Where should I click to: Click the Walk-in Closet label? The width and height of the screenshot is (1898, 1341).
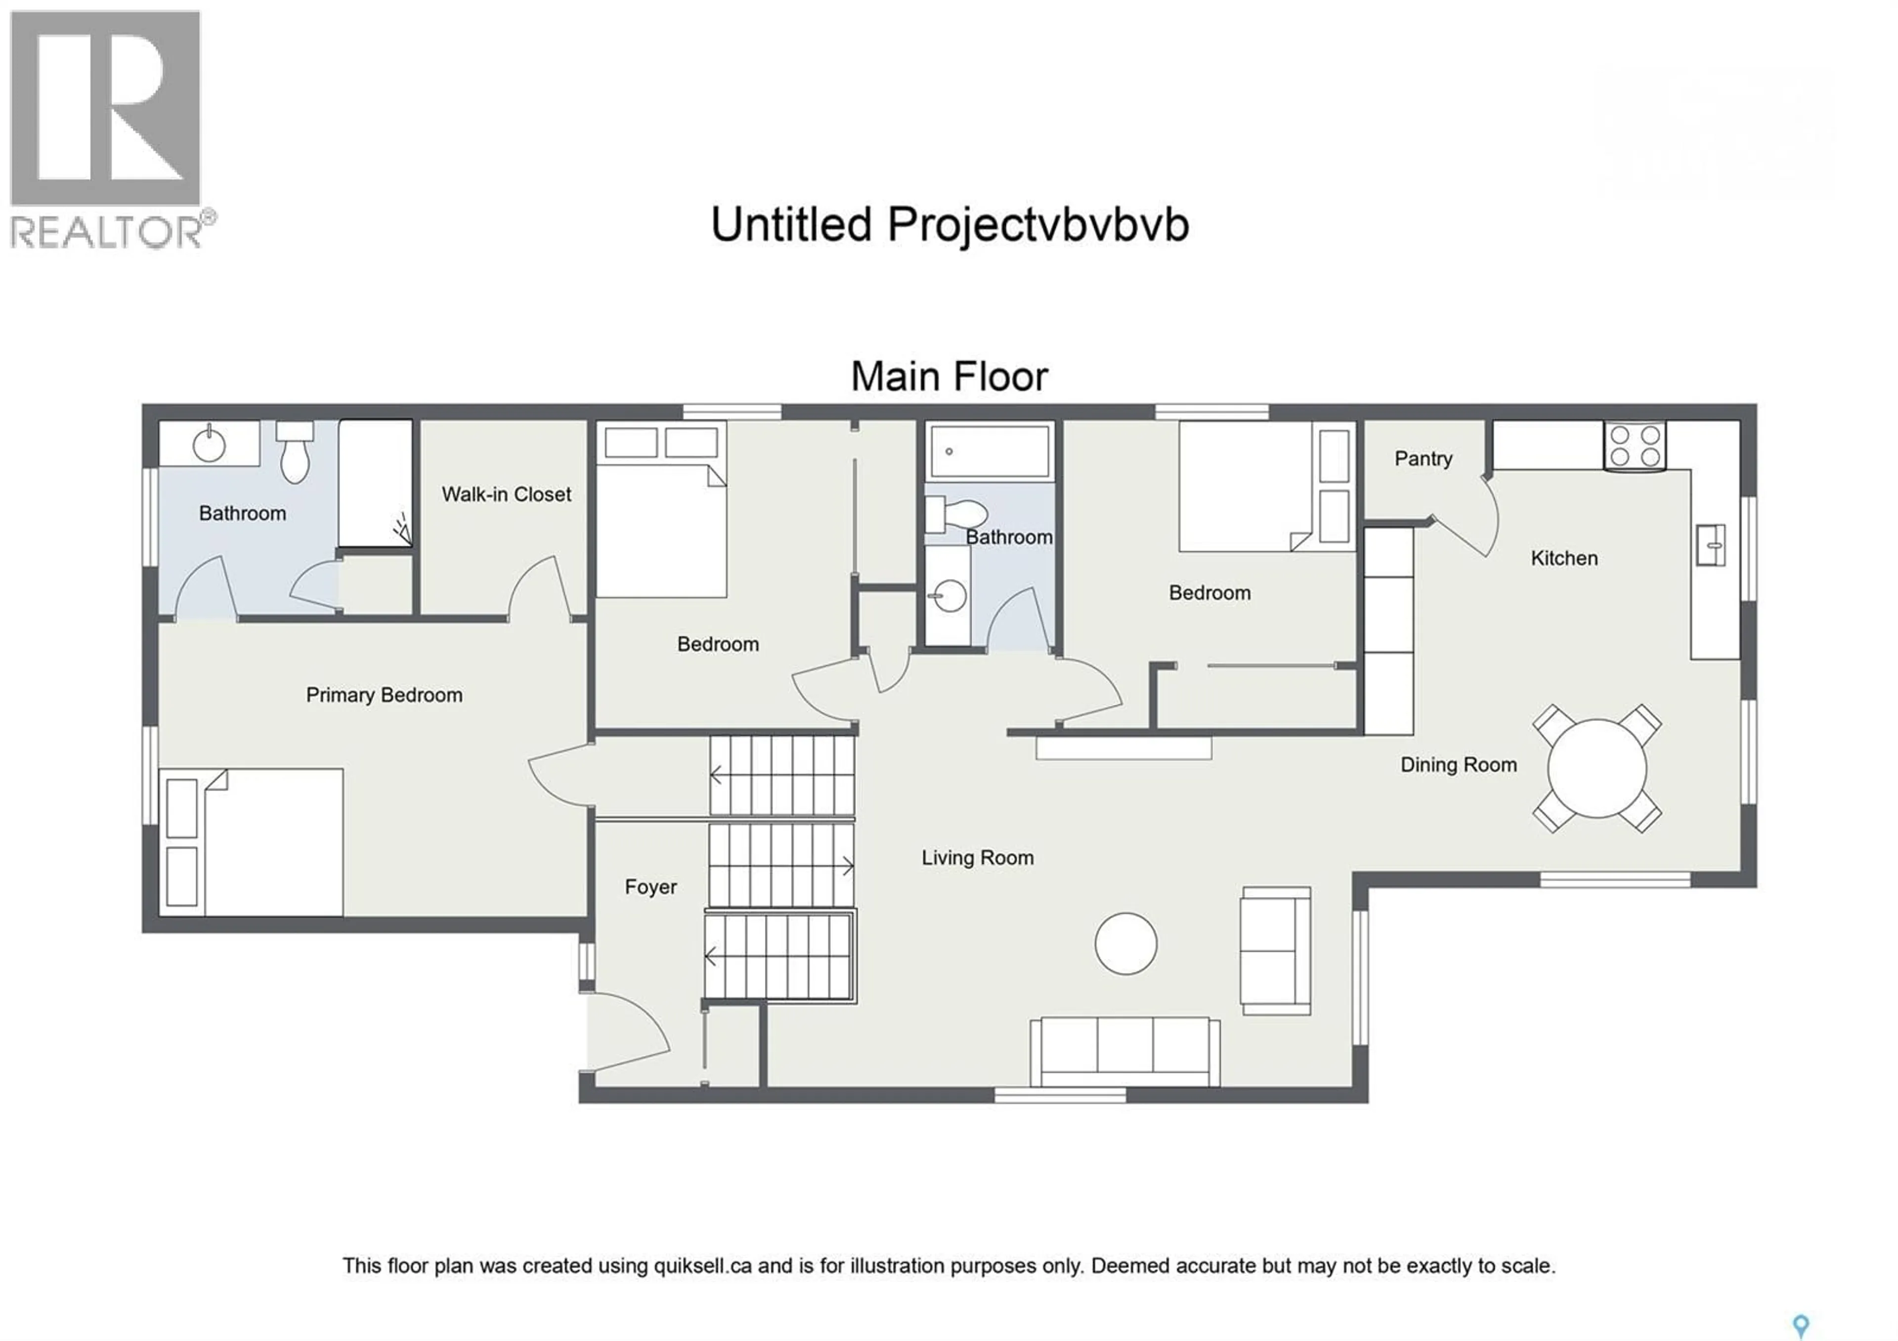tap(506, 494)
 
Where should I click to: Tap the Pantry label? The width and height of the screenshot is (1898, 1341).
tap(1423, 459)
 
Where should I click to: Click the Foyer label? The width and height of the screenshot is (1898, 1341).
tap(650, 887)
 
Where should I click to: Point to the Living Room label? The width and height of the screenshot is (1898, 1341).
tap(977, 858)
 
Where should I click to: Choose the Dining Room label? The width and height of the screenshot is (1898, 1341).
tap(1458, 765)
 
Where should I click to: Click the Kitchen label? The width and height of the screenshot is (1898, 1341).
tap(1563, 558)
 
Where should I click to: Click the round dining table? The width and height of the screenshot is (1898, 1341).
tap(1596, 768)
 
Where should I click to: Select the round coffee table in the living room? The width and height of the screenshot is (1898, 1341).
tap(1125, 943)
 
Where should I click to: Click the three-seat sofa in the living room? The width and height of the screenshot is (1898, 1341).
tap(1124, 1051)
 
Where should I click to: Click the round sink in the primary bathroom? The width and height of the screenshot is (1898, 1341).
tap(209, 445)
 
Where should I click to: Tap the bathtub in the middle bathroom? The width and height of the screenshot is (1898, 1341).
tap(990, 451)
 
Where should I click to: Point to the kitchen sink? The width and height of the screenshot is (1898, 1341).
tap(1710, 545)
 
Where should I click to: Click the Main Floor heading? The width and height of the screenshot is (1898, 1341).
tap(949, 377)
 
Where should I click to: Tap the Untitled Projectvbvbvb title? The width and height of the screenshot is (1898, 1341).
tap(949, 225)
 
